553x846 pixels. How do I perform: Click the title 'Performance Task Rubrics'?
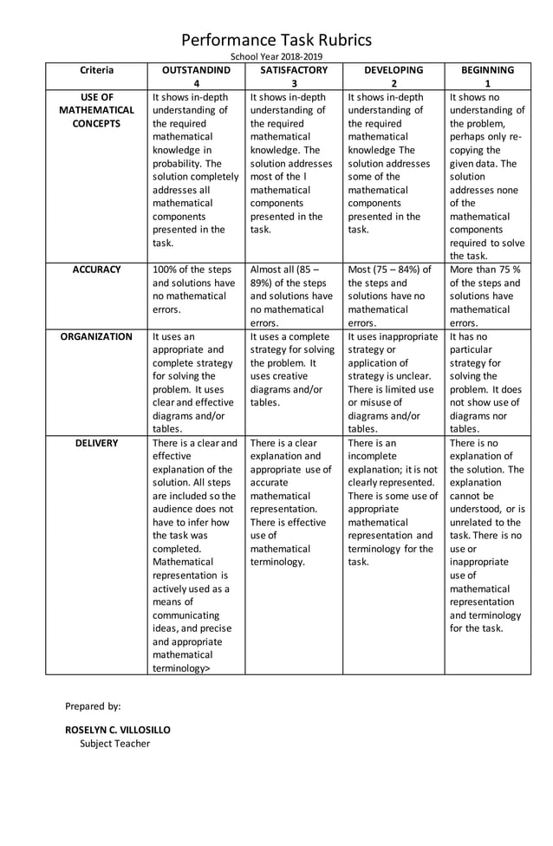point(276,40)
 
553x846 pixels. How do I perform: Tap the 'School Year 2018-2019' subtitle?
point(276,56)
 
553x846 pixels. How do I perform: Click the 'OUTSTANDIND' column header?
point(196,70)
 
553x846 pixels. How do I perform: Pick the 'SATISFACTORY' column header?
point(294,70)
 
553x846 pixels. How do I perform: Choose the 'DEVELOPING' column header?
point(394,70)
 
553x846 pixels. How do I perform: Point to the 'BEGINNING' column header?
point(487,70)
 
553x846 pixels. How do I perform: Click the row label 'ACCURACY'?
point(96,270)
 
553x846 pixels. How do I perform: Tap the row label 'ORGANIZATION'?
point(96,336)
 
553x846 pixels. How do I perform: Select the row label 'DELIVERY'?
point(96,443)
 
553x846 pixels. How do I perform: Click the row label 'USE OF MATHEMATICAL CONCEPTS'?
point(96,110)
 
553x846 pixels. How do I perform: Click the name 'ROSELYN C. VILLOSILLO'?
point(118,729)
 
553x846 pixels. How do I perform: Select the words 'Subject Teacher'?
point(114,744)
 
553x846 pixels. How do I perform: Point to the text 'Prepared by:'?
point(93,706)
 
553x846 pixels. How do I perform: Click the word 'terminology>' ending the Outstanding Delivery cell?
point(181,668)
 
